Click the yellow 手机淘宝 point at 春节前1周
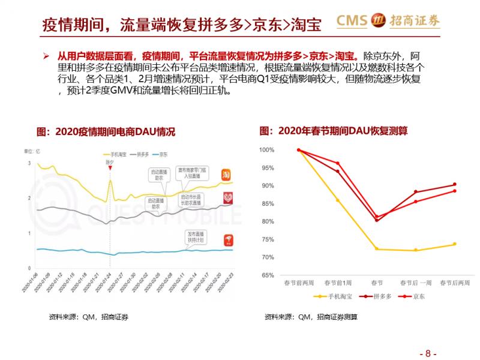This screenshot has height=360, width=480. click(x=338, y=200)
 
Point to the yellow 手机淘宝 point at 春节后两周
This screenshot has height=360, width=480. click(x=454, y=244)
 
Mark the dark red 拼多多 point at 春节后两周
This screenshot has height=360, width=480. click(x=454, y=184)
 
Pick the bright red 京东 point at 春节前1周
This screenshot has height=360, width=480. click(x=338, y=163)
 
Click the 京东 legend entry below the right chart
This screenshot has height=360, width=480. click(x=415, y=296)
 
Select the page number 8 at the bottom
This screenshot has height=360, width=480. click(x=428, y=353)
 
